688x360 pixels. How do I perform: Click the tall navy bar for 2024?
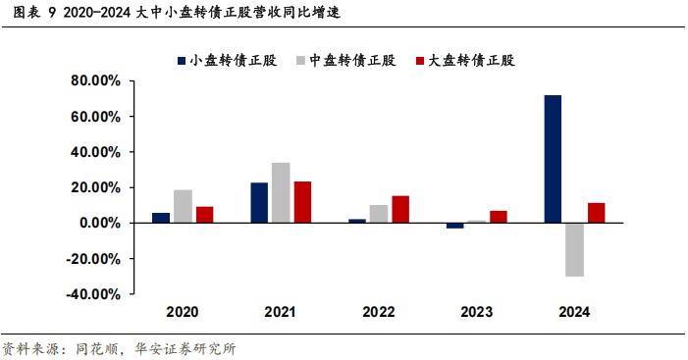[553, 159]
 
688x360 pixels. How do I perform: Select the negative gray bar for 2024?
[574, 249]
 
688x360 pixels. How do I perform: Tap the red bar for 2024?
[596, 213]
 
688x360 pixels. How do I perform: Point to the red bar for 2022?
[399, 209]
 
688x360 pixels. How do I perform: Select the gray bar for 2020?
[183, 206]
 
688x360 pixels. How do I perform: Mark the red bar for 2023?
[498, 217]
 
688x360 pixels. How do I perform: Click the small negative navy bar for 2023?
[454, 226]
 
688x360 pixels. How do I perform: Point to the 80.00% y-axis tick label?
[95, 81]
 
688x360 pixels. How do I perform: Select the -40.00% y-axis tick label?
[93, 294]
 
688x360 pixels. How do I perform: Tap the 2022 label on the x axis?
[378, 312]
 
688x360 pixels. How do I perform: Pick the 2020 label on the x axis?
[182, 312]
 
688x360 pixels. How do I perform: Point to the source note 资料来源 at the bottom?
[118, 348]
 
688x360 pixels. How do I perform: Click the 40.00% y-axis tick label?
[95, 153]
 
